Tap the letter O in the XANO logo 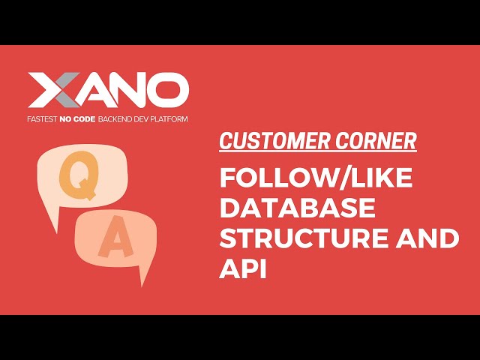pyautogui.click(x=168, y=91)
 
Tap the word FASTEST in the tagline pyautogui.click(x=43, y=118)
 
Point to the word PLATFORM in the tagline pyautogui.click(x=170, y=118)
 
